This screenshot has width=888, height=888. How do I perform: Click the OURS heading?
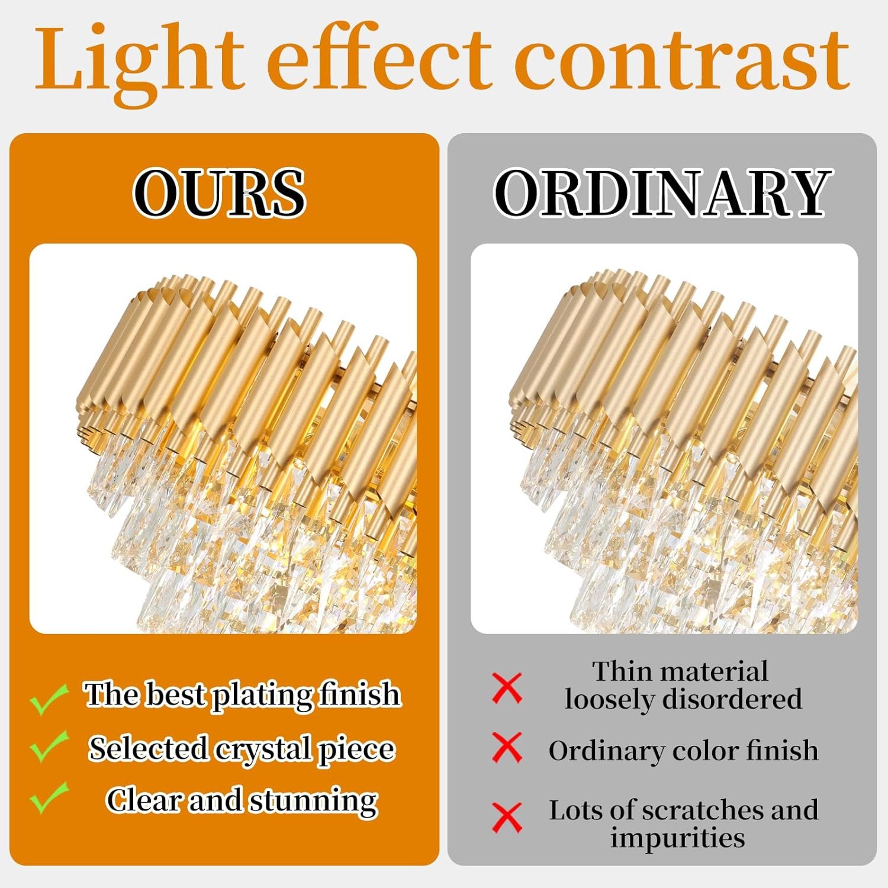coord(219,192)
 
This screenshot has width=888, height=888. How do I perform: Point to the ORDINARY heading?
coord(662,192)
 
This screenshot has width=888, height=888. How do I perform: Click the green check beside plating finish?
coord(49,699)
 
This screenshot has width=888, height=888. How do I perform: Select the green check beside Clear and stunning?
coord(49,797)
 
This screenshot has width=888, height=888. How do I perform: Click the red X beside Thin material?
coord(507,688)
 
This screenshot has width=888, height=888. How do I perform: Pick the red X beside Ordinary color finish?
coord(507,747)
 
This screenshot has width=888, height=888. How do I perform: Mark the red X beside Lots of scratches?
coord(507,818)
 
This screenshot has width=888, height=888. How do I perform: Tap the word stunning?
coord(313,802)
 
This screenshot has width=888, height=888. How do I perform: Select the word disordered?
coord(732,699)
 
